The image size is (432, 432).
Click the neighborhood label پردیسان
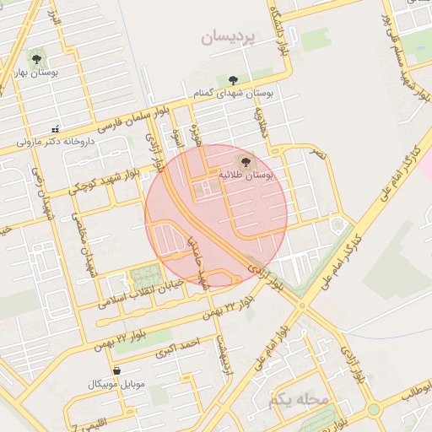click(x=232, y=38)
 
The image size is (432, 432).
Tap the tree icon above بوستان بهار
click(x=36, y=58)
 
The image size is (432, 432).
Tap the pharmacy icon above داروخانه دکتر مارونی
click(x=56, y=129)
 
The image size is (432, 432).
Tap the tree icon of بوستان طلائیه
click(x=246, y=158)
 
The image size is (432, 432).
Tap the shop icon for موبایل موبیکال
click(x=116, y=370)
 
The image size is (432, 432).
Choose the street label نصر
click(x=315, y=155)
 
